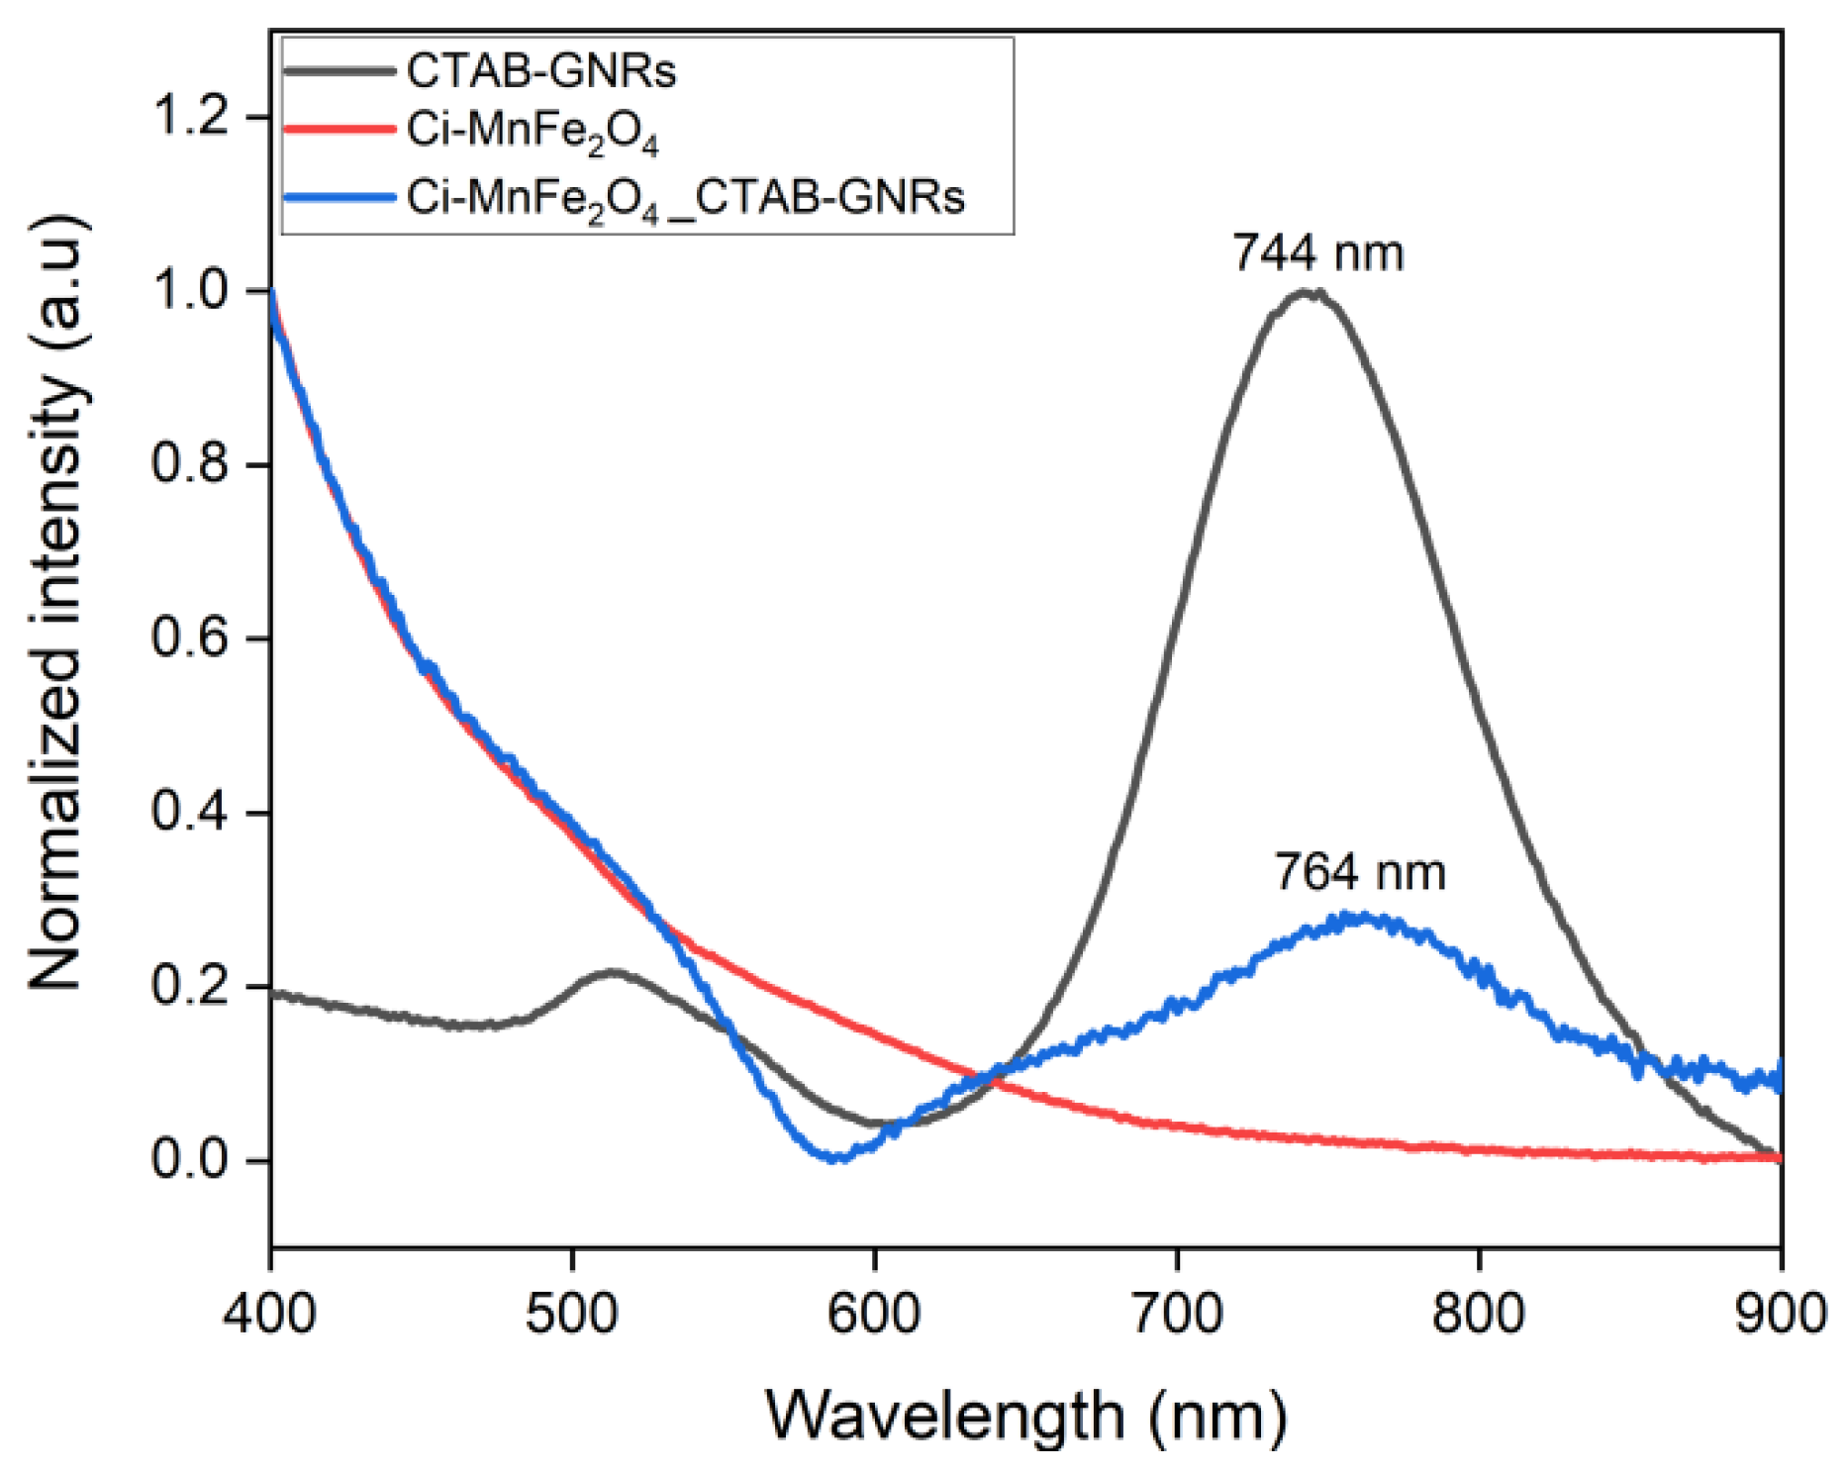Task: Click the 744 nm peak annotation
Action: tap(1317, 253)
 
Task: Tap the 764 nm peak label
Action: tap(1359, 872)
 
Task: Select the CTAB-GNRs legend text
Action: tap(540, 71)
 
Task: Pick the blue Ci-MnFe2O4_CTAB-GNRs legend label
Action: tap(685, 198)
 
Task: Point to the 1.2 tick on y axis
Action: tap(193, 117)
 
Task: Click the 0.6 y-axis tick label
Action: tap(193, 639)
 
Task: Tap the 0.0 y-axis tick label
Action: tap(193, 1159)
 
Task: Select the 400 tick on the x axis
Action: tap(269, 1315)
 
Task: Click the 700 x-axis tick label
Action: tap(1177, 1315)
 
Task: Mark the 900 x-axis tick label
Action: tap(1780, 1315)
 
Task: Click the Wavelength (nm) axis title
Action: tap(1025, 1415)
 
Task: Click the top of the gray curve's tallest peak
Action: tap(1308, 292)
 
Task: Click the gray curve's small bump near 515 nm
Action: tap(612, 973)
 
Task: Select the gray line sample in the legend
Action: tap(340, 71)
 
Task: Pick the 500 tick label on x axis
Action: tap(572, 1315)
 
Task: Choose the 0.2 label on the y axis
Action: tap(193, 986)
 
